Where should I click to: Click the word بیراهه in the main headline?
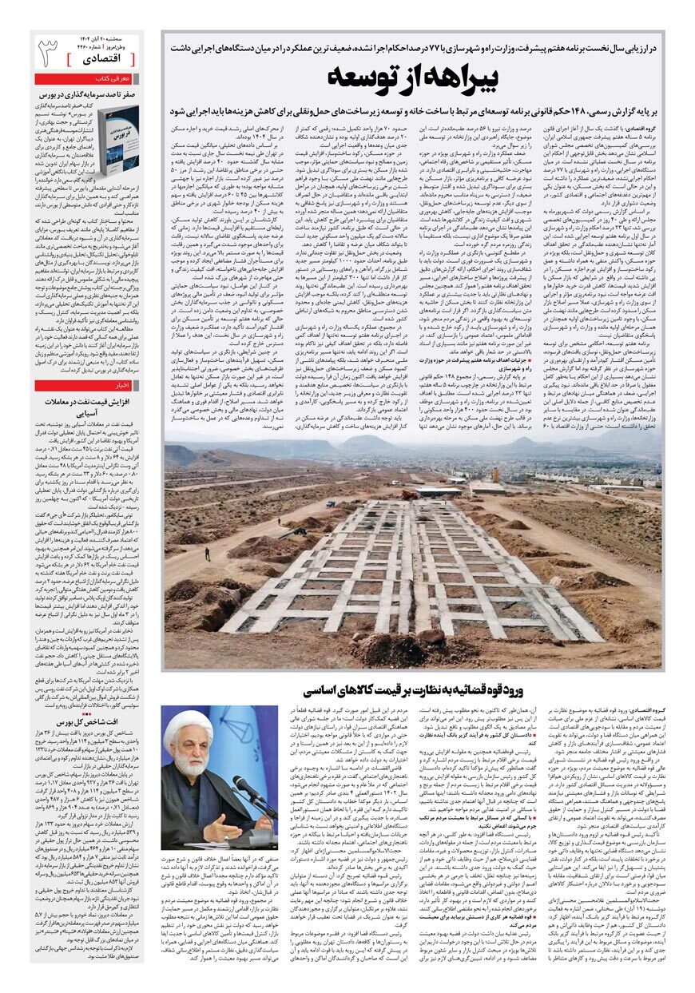click(x=447, y=79)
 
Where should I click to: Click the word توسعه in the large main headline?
click(x=363, y=79)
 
